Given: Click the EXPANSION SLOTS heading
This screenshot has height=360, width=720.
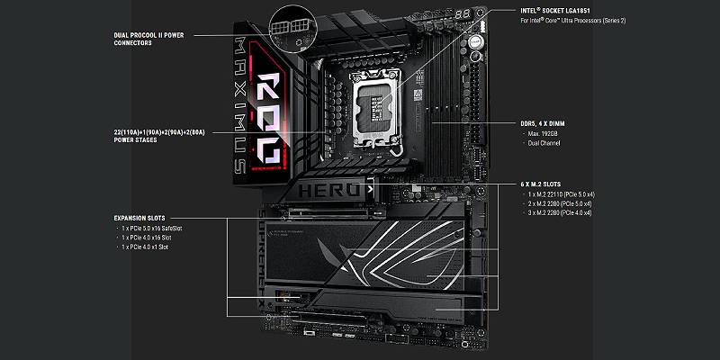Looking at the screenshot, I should [140, 218].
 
